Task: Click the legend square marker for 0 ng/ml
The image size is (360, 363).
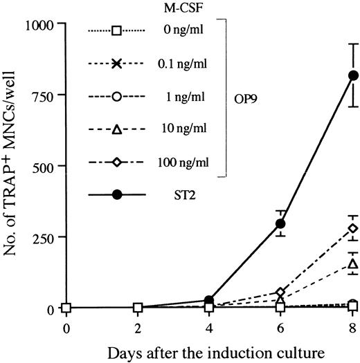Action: (116, 30)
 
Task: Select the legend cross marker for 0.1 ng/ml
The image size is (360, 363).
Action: (116, 64)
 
